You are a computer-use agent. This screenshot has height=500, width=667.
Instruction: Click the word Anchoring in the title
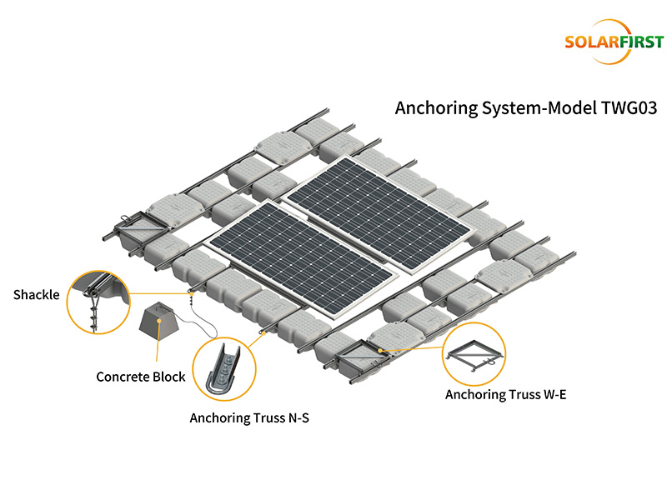pos(431,109)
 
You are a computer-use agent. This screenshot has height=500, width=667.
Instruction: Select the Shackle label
pos(37,294)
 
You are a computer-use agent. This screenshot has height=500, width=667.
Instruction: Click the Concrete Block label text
pos(141,377)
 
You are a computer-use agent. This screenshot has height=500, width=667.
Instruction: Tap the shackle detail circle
pos(100,302)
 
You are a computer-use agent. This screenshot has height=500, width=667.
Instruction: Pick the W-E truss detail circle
pos(474,356)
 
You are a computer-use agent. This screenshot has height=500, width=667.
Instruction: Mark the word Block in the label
pos(170,377)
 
